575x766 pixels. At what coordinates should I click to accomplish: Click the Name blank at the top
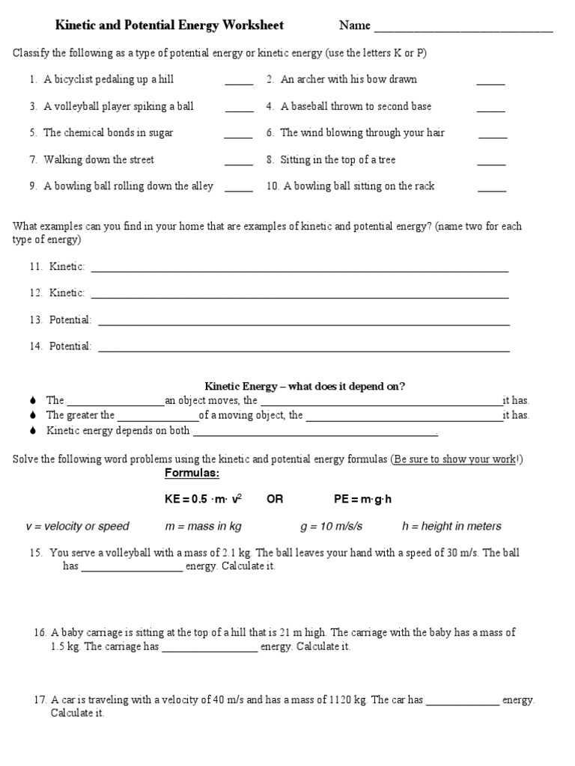[463, 31]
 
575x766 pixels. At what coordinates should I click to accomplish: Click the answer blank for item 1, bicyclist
[239, 84]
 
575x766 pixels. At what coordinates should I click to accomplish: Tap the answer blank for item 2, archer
[490, 84]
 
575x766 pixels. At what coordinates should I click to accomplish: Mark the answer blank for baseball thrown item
[490, 111]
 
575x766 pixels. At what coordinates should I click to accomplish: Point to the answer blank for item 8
[491, 164]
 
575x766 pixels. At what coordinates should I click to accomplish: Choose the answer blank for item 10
[491, 191]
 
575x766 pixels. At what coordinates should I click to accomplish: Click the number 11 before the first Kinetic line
[36, 267]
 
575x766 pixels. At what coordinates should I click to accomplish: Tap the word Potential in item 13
[70, 320]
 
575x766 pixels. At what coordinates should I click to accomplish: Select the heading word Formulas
[192, 474]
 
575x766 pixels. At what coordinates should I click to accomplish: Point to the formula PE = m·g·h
[363, 500]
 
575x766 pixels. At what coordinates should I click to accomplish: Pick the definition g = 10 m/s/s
[331, 527]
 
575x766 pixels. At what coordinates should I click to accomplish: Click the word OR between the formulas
[275, 500]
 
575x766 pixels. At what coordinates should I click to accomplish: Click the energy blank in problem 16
[210, 650]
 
